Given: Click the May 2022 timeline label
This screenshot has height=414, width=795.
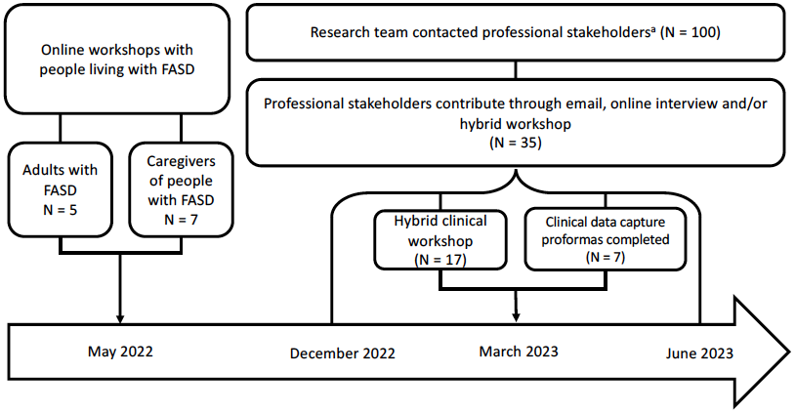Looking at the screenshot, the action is coord(120,352).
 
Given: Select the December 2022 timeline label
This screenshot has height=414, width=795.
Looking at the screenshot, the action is coord(342,353).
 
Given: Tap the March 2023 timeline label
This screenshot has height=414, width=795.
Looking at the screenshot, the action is coord(519,352).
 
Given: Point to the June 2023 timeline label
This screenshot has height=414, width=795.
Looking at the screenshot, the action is coord(699,353).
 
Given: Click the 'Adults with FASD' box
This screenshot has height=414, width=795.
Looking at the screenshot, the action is coord(60,189).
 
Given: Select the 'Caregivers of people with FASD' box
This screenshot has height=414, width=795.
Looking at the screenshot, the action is coord(181,189).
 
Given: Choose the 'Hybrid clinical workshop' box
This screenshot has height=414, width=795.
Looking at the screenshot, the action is coord(440,239).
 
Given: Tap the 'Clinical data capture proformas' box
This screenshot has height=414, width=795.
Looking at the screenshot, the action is coord(605,239).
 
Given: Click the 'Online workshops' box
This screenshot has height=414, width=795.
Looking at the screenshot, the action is coord(117,59).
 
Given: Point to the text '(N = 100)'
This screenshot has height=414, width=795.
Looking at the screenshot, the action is coord(690,32).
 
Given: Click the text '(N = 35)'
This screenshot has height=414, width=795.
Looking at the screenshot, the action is coord(516,143).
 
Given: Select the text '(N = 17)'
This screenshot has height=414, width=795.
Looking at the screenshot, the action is coord(440,260).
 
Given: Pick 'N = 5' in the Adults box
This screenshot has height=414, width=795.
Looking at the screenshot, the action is coord(60,209).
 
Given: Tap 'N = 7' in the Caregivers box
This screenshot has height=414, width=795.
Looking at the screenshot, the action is coord(181,220).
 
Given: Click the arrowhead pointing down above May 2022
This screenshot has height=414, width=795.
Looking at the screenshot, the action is coord(120,318).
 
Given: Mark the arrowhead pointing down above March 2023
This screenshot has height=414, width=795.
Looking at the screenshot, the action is coord(516,317).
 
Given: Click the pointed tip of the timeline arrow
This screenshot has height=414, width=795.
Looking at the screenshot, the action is coord(789,352).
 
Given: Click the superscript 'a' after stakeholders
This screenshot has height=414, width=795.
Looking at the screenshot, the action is coord(652,28).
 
